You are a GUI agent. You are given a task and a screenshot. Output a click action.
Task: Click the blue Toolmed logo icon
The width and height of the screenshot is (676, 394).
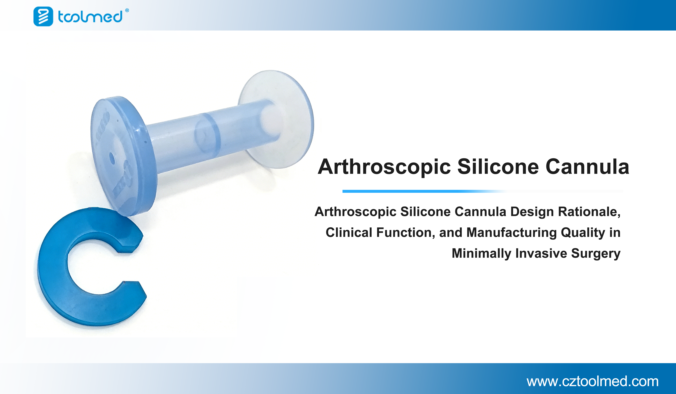43,16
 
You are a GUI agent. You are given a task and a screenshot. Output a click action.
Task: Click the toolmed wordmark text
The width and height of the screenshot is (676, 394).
90,17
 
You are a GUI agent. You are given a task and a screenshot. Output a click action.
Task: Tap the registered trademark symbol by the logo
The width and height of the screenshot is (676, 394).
127,10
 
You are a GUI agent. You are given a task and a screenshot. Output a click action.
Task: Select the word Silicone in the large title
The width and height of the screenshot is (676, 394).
498,167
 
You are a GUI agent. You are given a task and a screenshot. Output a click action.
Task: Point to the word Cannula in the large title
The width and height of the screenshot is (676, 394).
587,167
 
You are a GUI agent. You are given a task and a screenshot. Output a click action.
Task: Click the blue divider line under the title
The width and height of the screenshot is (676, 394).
483,191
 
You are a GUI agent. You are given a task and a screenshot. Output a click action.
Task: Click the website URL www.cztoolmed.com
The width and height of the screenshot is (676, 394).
593,381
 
